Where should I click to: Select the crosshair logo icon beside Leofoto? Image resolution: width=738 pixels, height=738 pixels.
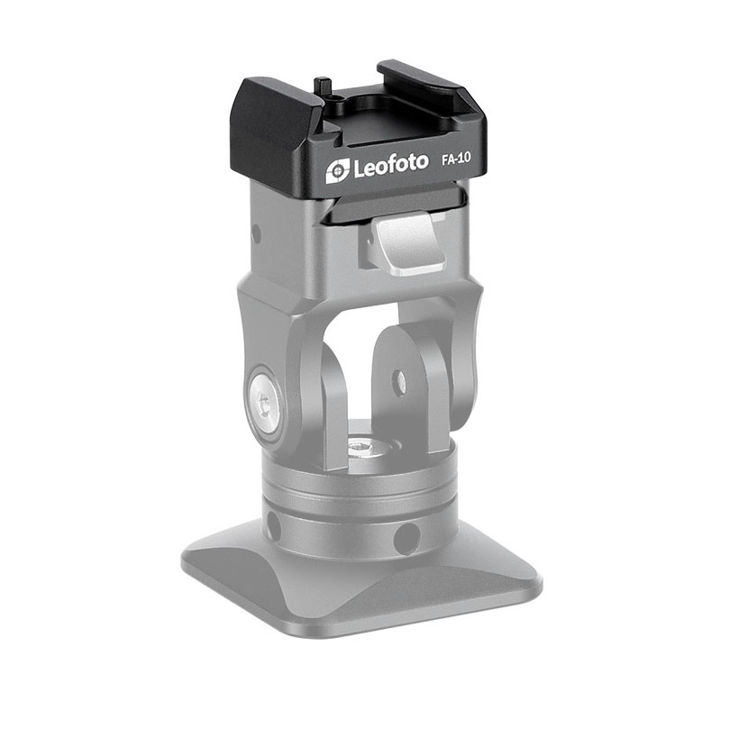[337, 169]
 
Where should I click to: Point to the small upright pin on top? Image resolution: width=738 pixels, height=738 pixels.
[321, 87]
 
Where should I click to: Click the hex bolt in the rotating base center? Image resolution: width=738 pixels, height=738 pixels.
[365, 445]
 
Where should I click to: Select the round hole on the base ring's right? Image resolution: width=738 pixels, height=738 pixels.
[408, 539]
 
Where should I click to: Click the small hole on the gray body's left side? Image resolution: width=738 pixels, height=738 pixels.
[257, 233]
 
